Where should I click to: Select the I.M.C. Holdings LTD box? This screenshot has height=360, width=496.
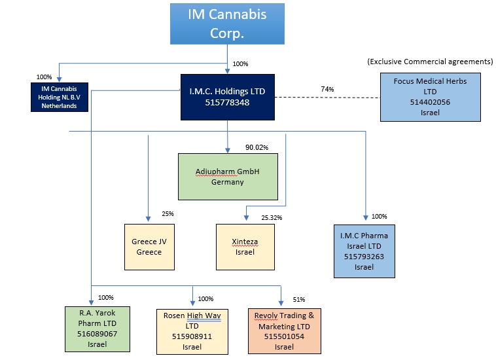click(x=227, y=97)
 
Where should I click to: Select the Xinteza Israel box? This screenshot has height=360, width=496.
click(x=245, y=246)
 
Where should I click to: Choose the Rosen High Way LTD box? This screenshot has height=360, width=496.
click(x=192, y=331)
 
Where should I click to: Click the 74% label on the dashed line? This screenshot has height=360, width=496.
click(x=328, y=88)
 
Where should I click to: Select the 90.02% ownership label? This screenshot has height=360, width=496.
click(x=258, y=147)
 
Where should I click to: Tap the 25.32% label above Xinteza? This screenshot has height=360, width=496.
click(x=272, y=217)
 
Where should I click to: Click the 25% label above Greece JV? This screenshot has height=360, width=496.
click(x=168, y=214)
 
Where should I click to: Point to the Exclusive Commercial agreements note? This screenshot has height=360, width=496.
click(x=430, y=62)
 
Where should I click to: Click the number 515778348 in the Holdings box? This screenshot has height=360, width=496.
click(x=227, y=103)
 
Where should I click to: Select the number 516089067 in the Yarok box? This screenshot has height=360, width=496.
click(x=97, y=334)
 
